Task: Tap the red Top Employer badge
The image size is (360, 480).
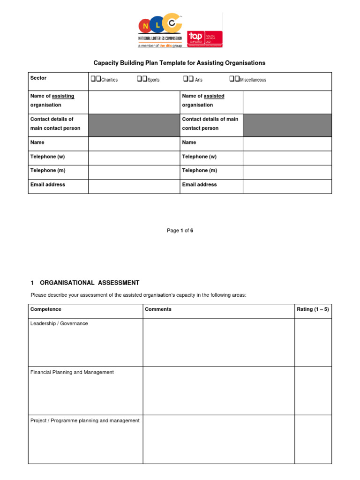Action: (205, 39)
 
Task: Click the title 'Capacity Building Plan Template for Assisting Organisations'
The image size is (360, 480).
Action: (180, 63)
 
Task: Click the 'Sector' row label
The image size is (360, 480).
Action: (38, 78)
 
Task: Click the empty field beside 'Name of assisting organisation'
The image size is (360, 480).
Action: (134, 102)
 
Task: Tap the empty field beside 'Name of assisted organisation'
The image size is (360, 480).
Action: (287, 102)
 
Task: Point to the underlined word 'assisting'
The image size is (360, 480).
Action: (63, 96)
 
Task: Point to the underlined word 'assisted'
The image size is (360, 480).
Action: (214, 96)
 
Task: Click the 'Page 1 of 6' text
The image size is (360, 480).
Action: (180, 231)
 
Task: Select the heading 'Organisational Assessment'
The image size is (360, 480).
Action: (89, 283)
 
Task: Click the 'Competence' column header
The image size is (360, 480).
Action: (46, 309)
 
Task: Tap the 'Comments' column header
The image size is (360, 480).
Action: (158, 309)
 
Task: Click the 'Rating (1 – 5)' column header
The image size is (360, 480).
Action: (313, 309)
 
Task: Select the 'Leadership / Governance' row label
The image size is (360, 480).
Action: (59, 323)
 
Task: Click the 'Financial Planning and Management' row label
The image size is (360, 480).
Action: (72, 372)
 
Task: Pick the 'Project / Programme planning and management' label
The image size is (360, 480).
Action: (85, 420)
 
